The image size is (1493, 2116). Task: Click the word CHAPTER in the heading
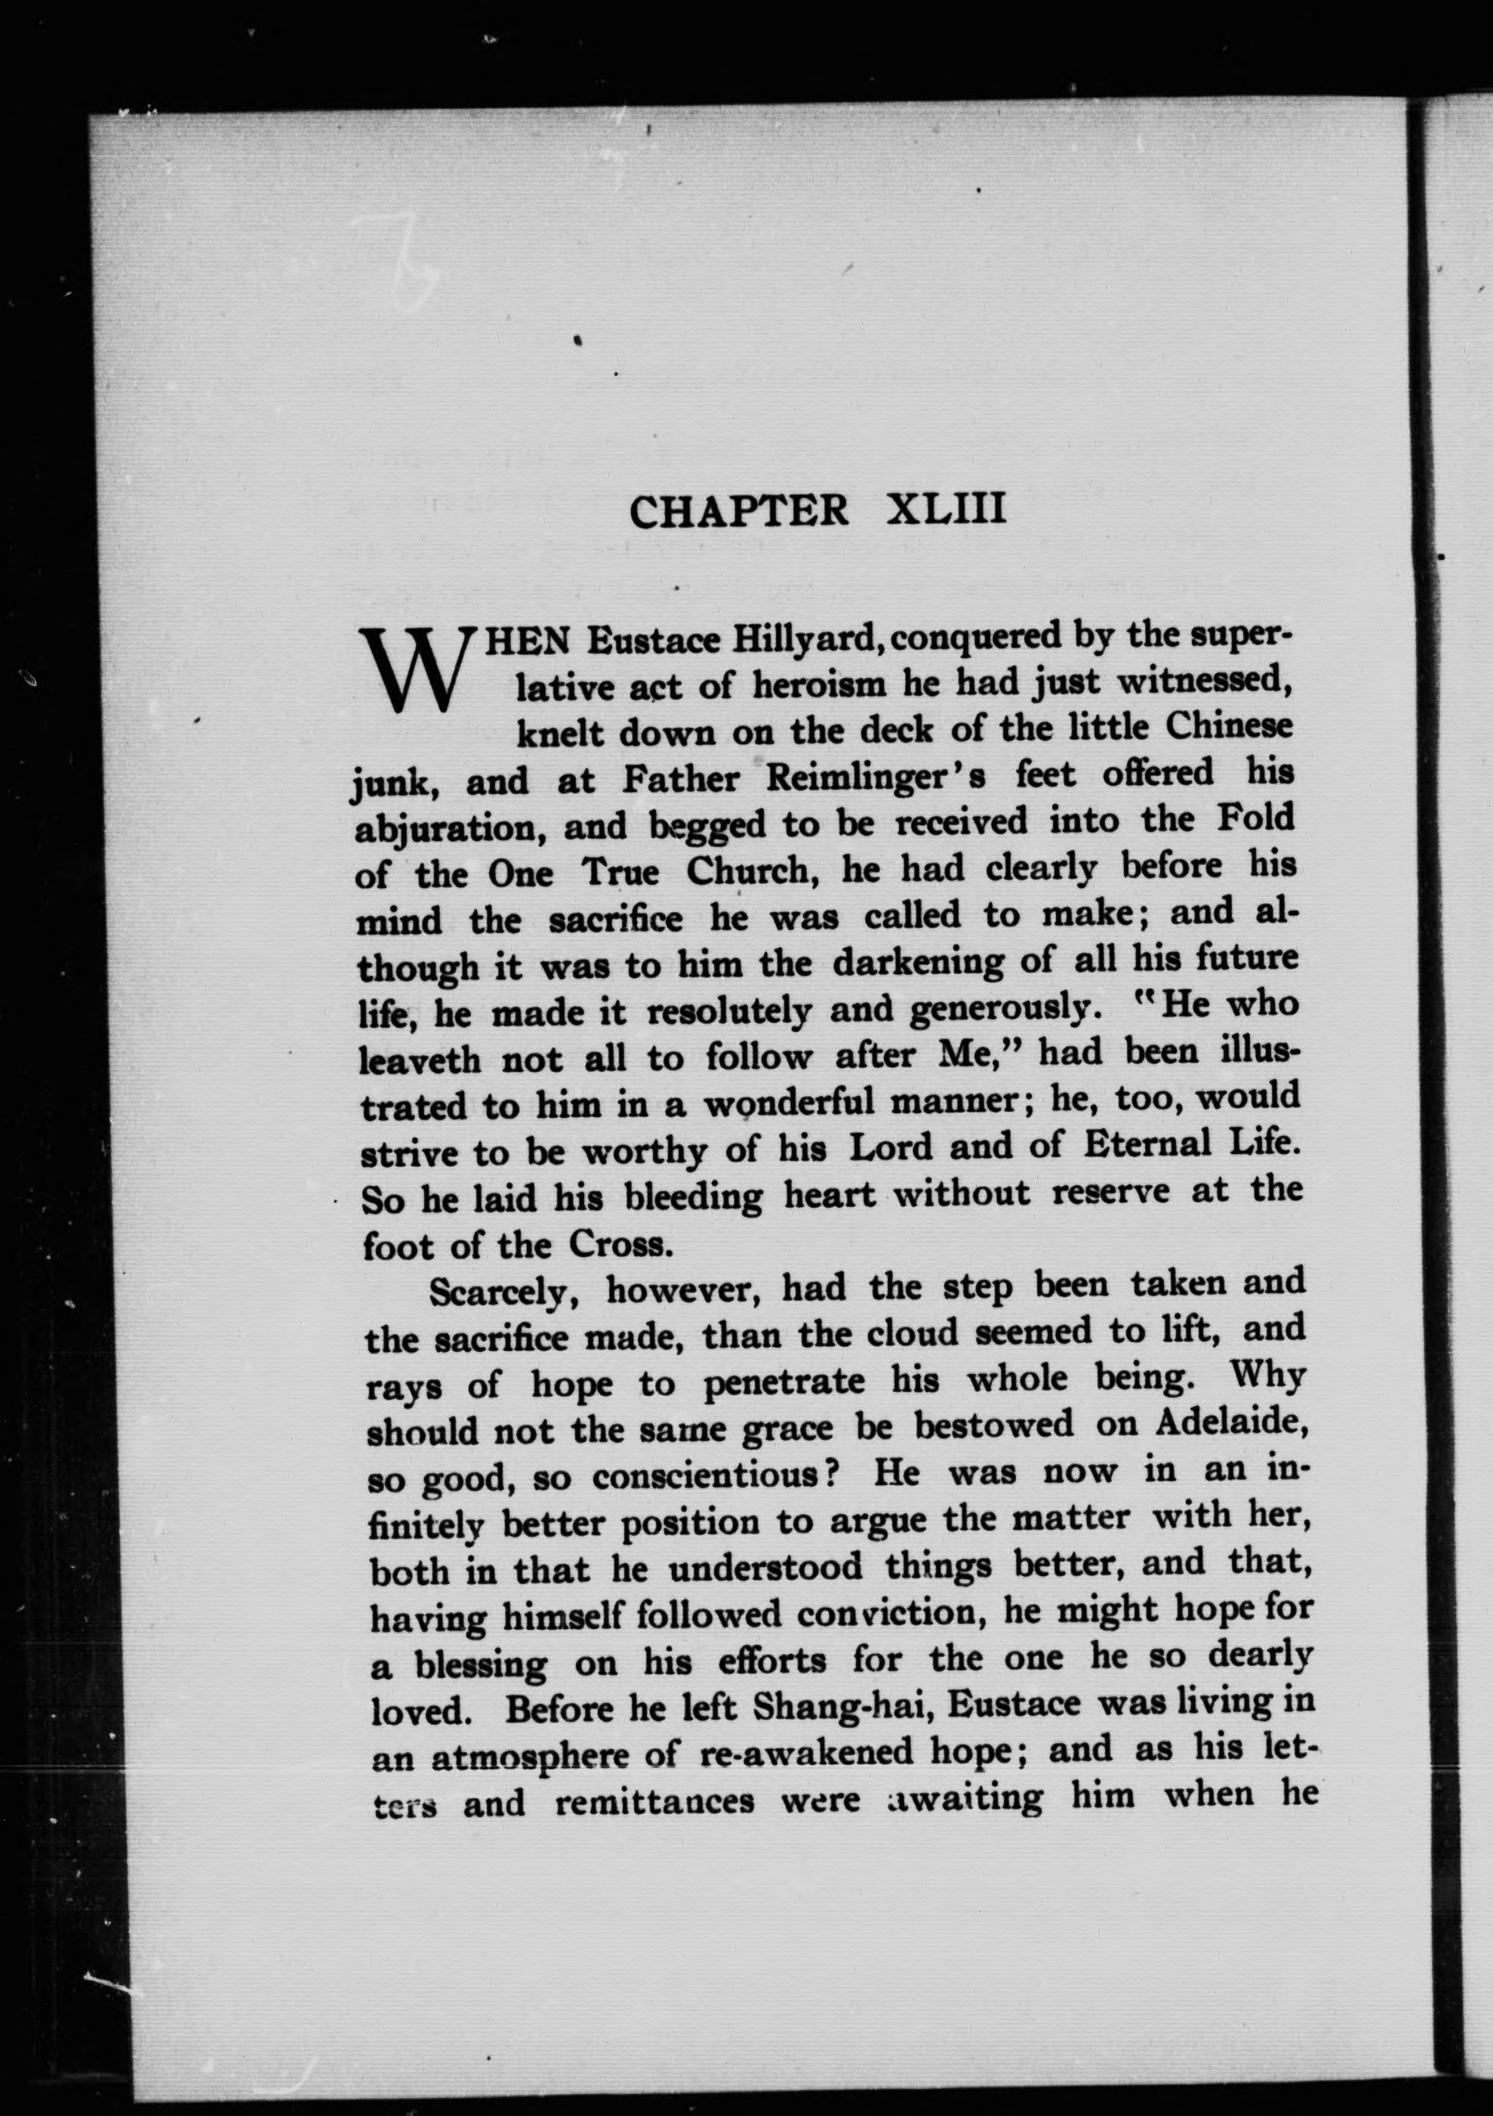point(738,512)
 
